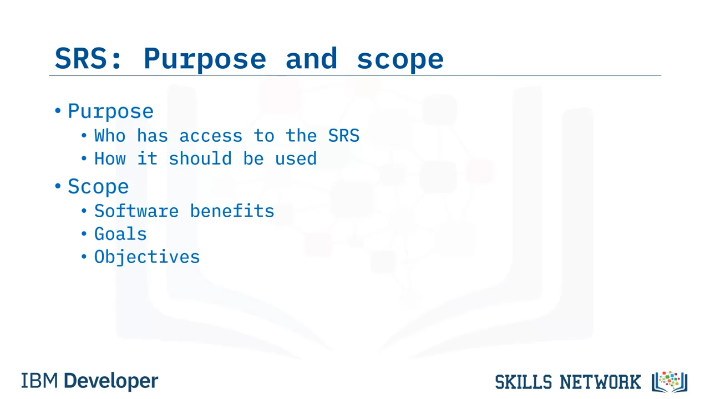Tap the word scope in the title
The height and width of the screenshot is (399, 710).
pos(400,60)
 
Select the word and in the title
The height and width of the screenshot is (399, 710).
pos(312,58)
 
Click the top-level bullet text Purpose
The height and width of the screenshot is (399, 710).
pos(110,112)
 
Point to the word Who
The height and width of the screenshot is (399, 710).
pos(110,136)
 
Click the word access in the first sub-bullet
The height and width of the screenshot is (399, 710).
pos(211,136)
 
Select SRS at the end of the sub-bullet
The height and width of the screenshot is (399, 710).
pos(343,136)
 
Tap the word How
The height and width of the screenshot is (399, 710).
pos(110,158)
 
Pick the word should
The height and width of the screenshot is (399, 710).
pos(200,158)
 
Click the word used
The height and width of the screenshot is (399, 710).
pos(296,158)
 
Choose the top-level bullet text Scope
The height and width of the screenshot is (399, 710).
pos(98,186)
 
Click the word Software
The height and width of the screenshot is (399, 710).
pos(136,211)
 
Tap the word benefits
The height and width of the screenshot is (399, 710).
pos(232,211)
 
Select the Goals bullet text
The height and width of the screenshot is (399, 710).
pos(120,234)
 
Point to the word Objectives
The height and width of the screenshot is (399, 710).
pos(147,257)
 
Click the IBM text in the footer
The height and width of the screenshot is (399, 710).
pos(39,381)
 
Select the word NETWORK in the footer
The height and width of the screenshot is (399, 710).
pos(600,382)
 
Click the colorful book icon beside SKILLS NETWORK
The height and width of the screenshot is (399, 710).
pos(670,382)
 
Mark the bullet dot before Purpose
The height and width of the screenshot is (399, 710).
pos(58,111)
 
